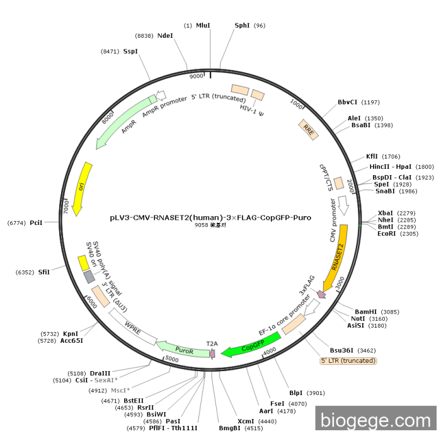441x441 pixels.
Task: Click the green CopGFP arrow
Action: pos(252,345)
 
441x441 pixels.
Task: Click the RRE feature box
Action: pos(309,130)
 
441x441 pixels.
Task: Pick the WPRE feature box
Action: pos(133,327)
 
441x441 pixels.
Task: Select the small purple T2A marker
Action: pos(213,353)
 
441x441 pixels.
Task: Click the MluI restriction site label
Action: pos(203,26)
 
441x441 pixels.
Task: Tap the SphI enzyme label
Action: pos(242,26)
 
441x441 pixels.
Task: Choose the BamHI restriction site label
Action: pos(365,312)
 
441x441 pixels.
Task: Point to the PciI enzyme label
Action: pos(36,223)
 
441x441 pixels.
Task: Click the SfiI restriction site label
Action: pos(44,272)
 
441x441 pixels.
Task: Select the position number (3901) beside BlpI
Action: pos(316,393)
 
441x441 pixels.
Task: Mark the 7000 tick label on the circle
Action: pos(66,207)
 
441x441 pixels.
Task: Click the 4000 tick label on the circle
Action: pos(270,352)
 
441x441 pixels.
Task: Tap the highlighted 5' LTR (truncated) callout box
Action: pos(348,360)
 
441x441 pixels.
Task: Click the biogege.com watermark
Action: pos(375,420)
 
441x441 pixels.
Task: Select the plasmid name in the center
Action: pos(210,218)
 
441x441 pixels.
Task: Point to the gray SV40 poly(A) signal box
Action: pos(89,277)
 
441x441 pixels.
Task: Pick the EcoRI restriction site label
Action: pos(386,234)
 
